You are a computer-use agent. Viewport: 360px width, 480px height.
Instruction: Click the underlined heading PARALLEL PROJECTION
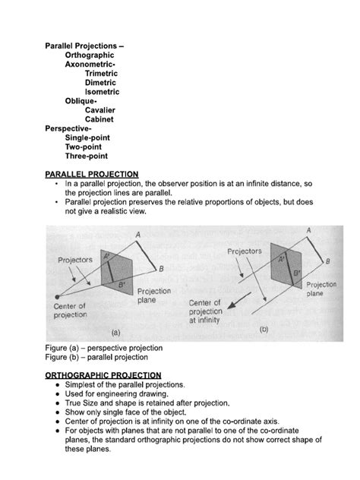[92, 174]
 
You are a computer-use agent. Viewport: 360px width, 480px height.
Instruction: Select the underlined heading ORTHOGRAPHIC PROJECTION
[103, 374]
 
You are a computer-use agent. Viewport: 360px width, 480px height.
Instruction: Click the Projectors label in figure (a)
[74, 259]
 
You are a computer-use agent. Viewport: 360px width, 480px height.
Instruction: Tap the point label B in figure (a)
[159, 269]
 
